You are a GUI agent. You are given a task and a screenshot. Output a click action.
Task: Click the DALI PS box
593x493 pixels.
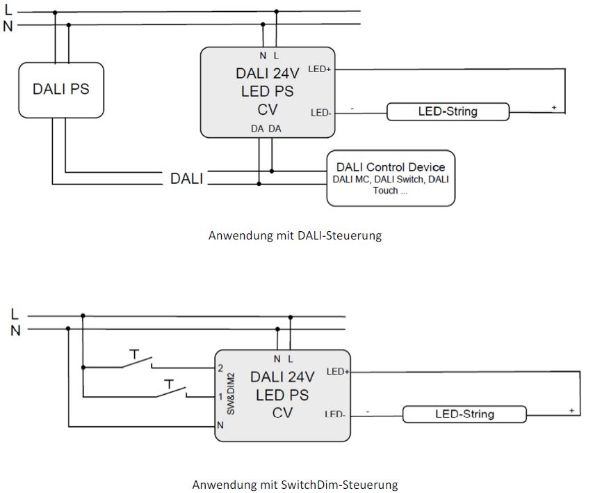60,90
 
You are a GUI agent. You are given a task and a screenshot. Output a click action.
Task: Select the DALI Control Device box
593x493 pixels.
390,178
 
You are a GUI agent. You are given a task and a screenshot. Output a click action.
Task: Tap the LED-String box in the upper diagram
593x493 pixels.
447,111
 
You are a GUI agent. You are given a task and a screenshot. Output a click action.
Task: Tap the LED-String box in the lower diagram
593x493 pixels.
464,414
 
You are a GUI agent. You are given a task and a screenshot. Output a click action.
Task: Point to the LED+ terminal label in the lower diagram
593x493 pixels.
337,371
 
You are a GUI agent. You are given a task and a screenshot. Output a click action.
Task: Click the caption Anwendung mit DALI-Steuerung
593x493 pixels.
295,235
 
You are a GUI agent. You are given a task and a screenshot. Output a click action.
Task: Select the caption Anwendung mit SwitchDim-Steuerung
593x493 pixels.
295,483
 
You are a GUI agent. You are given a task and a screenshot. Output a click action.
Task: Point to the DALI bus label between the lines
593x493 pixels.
187,179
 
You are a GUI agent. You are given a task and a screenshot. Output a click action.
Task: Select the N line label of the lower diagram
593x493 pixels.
15,331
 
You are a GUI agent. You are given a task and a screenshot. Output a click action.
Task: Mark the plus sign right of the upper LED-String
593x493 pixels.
554,107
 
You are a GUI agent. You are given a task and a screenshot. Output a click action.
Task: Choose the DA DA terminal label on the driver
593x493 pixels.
266,129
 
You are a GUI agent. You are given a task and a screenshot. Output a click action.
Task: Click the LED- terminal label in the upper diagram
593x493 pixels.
320,112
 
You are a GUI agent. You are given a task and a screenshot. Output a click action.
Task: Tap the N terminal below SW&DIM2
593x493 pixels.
220,425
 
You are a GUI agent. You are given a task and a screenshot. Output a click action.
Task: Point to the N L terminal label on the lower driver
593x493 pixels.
284,359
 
